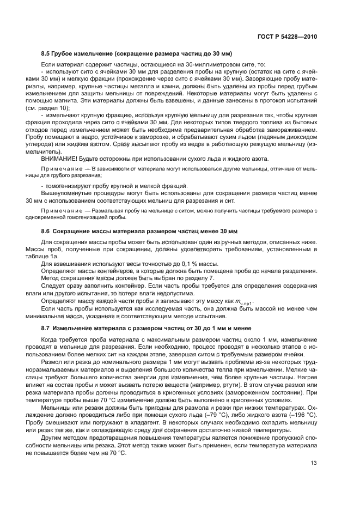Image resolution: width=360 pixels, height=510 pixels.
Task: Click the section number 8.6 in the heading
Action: (46, 231)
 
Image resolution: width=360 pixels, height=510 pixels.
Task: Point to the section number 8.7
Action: (46, 328)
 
